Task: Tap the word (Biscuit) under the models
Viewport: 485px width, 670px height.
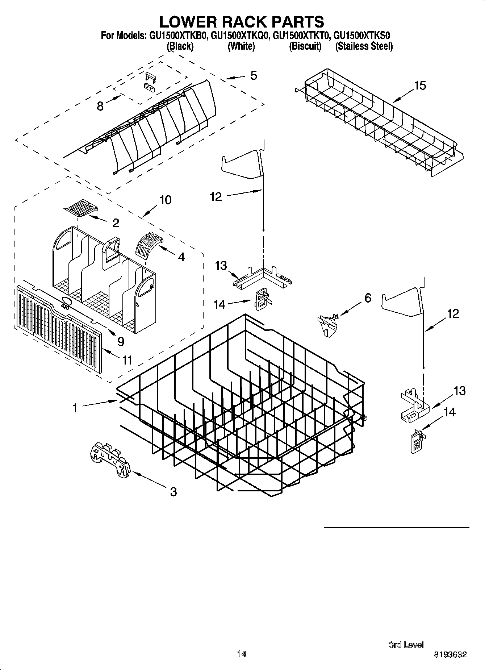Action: click(x=305, y=46)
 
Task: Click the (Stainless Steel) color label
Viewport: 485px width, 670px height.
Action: click(x=364, y=46)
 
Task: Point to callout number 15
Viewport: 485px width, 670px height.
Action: click(x=420, y=86)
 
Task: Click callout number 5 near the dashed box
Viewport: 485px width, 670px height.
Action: click(x=254, y=76)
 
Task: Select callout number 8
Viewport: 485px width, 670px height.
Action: click(x=100, y=106)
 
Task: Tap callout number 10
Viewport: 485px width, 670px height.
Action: click(x=166, y=200)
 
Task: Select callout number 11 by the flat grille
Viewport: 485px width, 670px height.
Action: click(x=127, y=360)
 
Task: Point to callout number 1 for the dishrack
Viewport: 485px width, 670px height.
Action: click(x=75, y=408)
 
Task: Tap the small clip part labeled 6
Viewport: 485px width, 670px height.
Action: click(x=328, y=325)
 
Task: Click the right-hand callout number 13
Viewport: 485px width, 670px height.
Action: click(x=459, y=391)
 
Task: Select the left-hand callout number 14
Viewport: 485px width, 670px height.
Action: click(x=219, y=304)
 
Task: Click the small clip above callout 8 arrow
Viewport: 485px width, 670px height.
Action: click(x=150, y=81)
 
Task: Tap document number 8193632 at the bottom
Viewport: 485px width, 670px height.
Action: click(x=450, y=654)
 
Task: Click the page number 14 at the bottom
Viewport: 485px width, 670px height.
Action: click(x=242, y=654)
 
